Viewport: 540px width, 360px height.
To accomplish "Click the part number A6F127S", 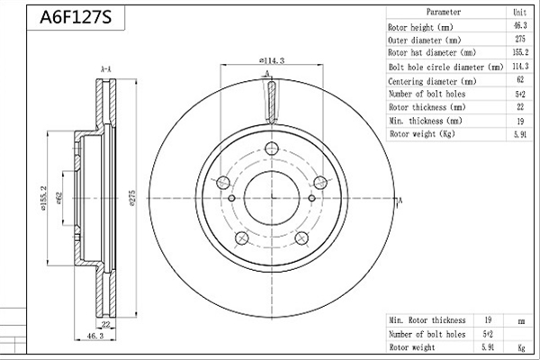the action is tap(76, 17).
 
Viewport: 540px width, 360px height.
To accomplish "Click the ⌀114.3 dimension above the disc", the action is tap(272, 60).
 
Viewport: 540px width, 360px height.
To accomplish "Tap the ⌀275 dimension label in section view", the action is tap(132, 198).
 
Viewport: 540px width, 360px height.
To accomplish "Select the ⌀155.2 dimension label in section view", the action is tap(42, 198).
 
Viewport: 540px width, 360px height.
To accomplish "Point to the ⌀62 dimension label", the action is tap(58, 198).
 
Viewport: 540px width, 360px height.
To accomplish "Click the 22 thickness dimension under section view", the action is tap(105, 324).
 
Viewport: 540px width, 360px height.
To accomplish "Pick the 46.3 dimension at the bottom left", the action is tap(95, 336).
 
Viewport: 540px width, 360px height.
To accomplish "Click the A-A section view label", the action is tap(105, 69).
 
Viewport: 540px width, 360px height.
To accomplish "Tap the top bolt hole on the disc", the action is tap(272, 148).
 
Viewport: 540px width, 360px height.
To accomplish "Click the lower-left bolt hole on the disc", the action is tap(242, 238).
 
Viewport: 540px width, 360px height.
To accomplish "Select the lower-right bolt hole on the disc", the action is tap(301, 238).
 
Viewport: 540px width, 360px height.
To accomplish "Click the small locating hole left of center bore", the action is tap(232, 198).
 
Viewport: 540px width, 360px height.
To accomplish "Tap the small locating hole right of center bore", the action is tap(311, 198).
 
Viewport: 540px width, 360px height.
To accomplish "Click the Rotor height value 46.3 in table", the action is tap(520, 26).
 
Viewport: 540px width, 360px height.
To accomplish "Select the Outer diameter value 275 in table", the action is tap(520, 39).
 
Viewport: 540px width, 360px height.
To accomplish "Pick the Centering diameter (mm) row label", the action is tap(432, 81).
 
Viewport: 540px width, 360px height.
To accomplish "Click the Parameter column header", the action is tap(444, 12).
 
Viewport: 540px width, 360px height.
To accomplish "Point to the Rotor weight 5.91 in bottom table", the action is tap(488, 347).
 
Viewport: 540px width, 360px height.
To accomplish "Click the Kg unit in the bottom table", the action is tap(521, 347).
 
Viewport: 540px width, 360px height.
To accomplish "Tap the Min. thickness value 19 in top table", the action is tap(520, 121).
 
